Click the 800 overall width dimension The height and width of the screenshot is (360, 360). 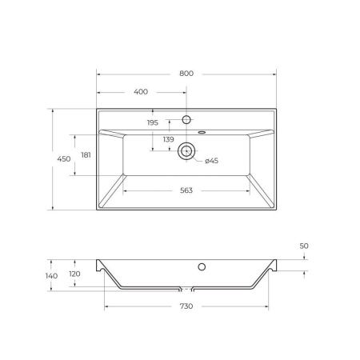click(186, 73)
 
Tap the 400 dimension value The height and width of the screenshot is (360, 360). click(141, 92)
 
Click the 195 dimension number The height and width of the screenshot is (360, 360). click(153, 122)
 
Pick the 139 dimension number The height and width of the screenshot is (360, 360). click(169, 139)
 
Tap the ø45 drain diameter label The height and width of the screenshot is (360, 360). click(212, 161)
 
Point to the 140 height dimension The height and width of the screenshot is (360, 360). click(52, 276)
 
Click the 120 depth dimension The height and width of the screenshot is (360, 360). click(75, 273)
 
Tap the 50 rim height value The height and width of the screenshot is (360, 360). click(304, 246)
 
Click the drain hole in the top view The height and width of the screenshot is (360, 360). click(187, 150)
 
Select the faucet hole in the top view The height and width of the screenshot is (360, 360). click(187, 119)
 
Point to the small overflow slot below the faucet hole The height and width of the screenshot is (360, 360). click(200, 132)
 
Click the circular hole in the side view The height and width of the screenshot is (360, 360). click(202, 266)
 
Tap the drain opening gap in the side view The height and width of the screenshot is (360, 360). click(188, 288)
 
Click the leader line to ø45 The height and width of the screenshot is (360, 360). click(198, 158)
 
